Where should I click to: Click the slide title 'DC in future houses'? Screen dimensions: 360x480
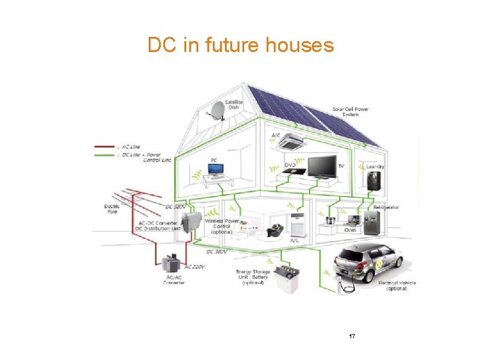coord(240,45)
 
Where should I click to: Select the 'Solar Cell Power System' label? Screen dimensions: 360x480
coord(350,112)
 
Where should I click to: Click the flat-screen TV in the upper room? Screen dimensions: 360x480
coord(322,166)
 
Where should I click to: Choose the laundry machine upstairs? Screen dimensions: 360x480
coord(374,179)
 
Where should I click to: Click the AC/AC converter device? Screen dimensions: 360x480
coord(174,264)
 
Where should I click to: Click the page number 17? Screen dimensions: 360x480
coord(352,336)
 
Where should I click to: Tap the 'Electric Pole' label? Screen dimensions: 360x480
coord(111,209)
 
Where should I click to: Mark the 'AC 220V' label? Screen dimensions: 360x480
coord(195,267)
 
